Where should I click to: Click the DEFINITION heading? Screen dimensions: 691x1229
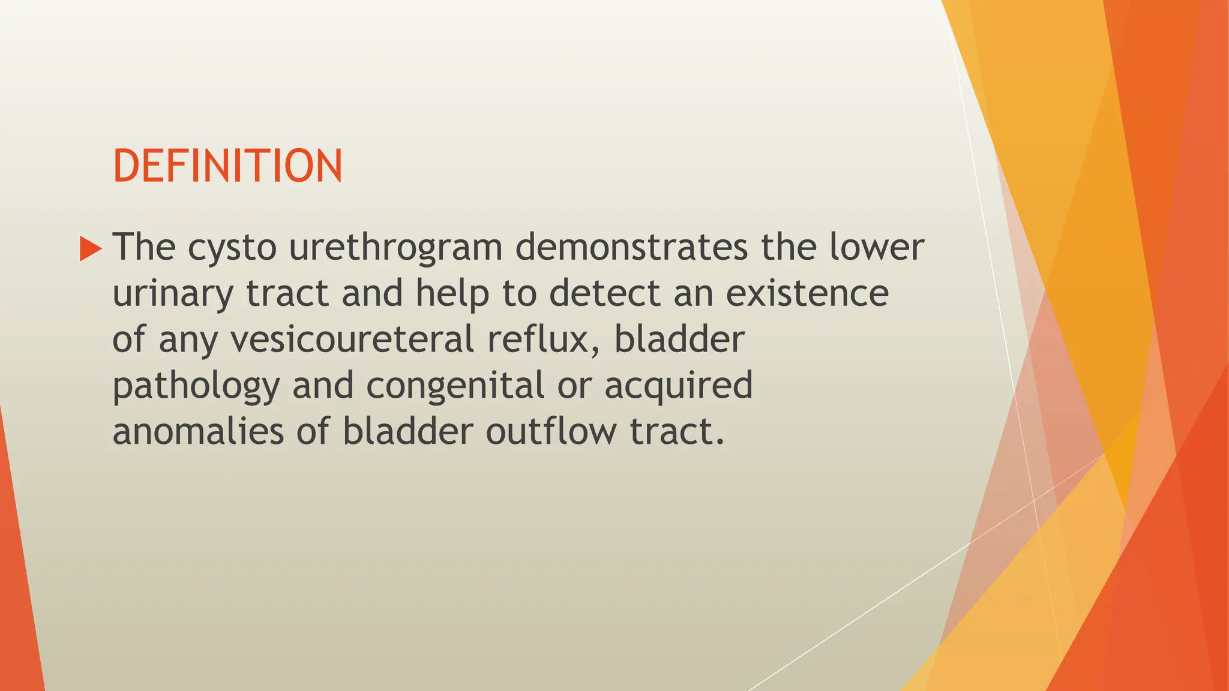coord(227,166)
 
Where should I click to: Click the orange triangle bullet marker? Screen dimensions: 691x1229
coord(91,248)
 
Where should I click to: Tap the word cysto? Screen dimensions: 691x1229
coord(232,247)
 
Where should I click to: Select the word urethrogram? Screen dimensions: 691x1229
coord(395,247)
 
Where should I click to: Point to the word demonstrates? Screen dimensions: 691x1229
coord(631,247)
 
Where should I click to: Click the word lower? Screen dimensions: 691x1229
coord(877,247)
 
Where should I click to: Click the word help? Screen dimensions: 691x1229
coord(453,293)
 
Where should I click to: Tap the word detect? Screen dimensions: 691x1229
coord(604,293)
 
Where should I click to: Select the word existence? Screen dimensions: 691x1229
coord(807,293)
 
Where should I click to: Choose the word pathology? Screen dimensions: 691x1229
coord(196,386)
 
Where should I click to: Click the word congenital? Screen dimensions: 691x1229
coord(455,386)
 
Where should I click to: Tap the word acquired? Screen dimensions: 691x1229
coord(678,386)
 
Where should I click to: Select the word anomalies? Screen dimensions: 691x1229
coord(198,431)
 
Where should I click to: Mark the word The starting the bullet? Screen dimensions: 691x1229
coord(144,247)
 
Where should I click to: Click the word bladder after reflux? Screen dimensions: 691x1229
coord(679,340)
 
